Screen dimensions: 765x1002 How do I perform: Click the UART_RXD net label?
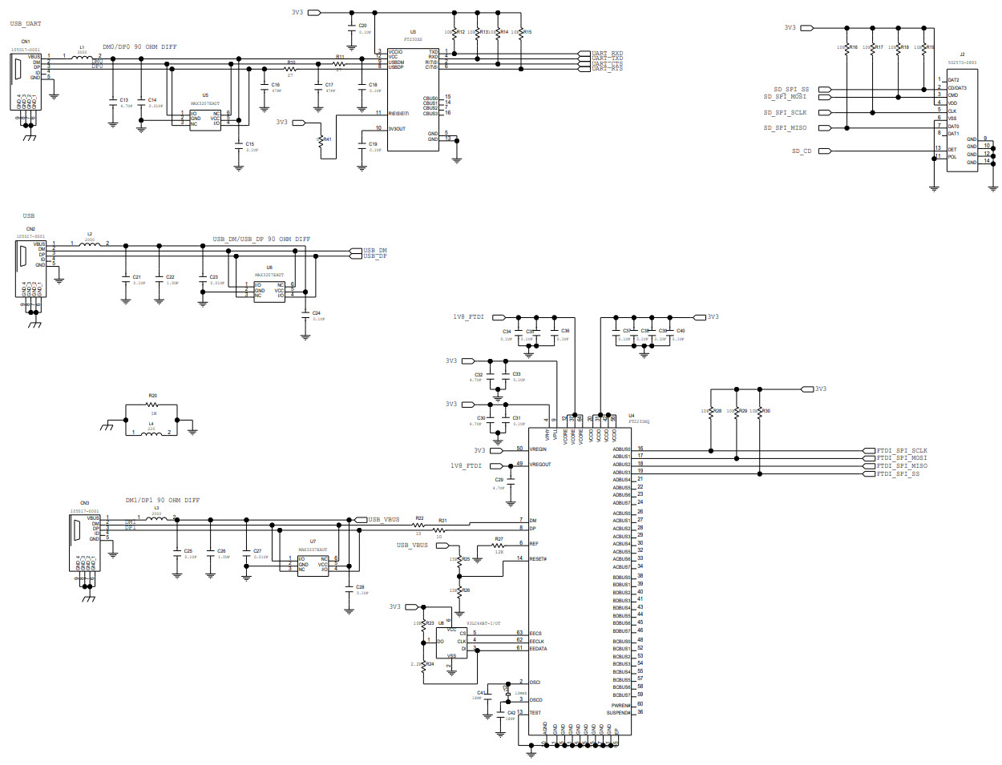pyautogui.click(x=607, y=54)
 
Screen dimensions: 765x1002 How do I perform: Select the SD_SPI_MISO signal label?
pyautogui.click(x=785, y=128)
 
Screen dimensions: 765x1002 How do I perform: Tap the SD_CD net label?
pyautogui.click(x=801, y=151)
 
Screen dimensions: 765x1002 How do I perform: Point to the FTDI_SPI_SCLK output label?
pyautogui.click(x=901, y=451)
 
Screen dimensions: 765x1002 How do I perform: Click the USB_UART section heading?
pyautogui.click(x=26, y=24)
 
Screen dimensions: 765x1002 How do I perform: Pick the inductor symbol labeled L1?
pyautogui.click(x=81, y=57)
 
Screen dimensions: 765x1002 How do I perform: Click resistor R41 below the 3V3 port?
pyautogui.click(x=321, y=141)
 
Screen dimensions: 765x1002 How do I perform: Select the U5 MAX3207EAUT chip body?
pyautogui.click(x=204, y=119)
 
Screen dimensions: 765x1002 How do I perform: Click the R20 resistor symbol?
pyautogui.click(x=152, y=405)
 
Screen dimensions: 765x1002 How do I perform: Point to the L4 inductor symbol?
pyautogui.click(x=152, y=433)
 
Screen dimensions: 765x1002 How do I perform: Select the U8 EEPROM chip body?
pyautogui.click(x=451, y=642)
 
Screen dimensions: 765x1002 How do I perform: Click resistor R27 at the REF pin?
pyautogui.click(x=498, y=546)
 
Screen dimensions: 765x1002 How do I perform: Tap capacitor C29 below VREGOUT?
pyautogui.click(x=511, y=485)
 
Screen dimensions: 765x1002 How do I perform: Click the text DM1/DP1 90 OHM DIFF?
pyautogui.click(x=163, y=501)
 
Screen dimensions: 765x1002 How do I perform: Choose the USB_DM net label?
pyautogui.click(x=375, y=251)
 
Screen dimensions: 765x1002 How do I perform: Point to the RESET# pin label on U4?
pyautogui.click(x=538, y=559)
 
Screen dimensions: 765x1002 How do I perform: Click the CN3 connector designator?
pyautogui.click(x=84, y=503)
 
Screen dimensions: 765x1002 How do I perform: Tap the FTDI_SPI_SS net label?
pyautogui.click(x=898, y=474)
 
